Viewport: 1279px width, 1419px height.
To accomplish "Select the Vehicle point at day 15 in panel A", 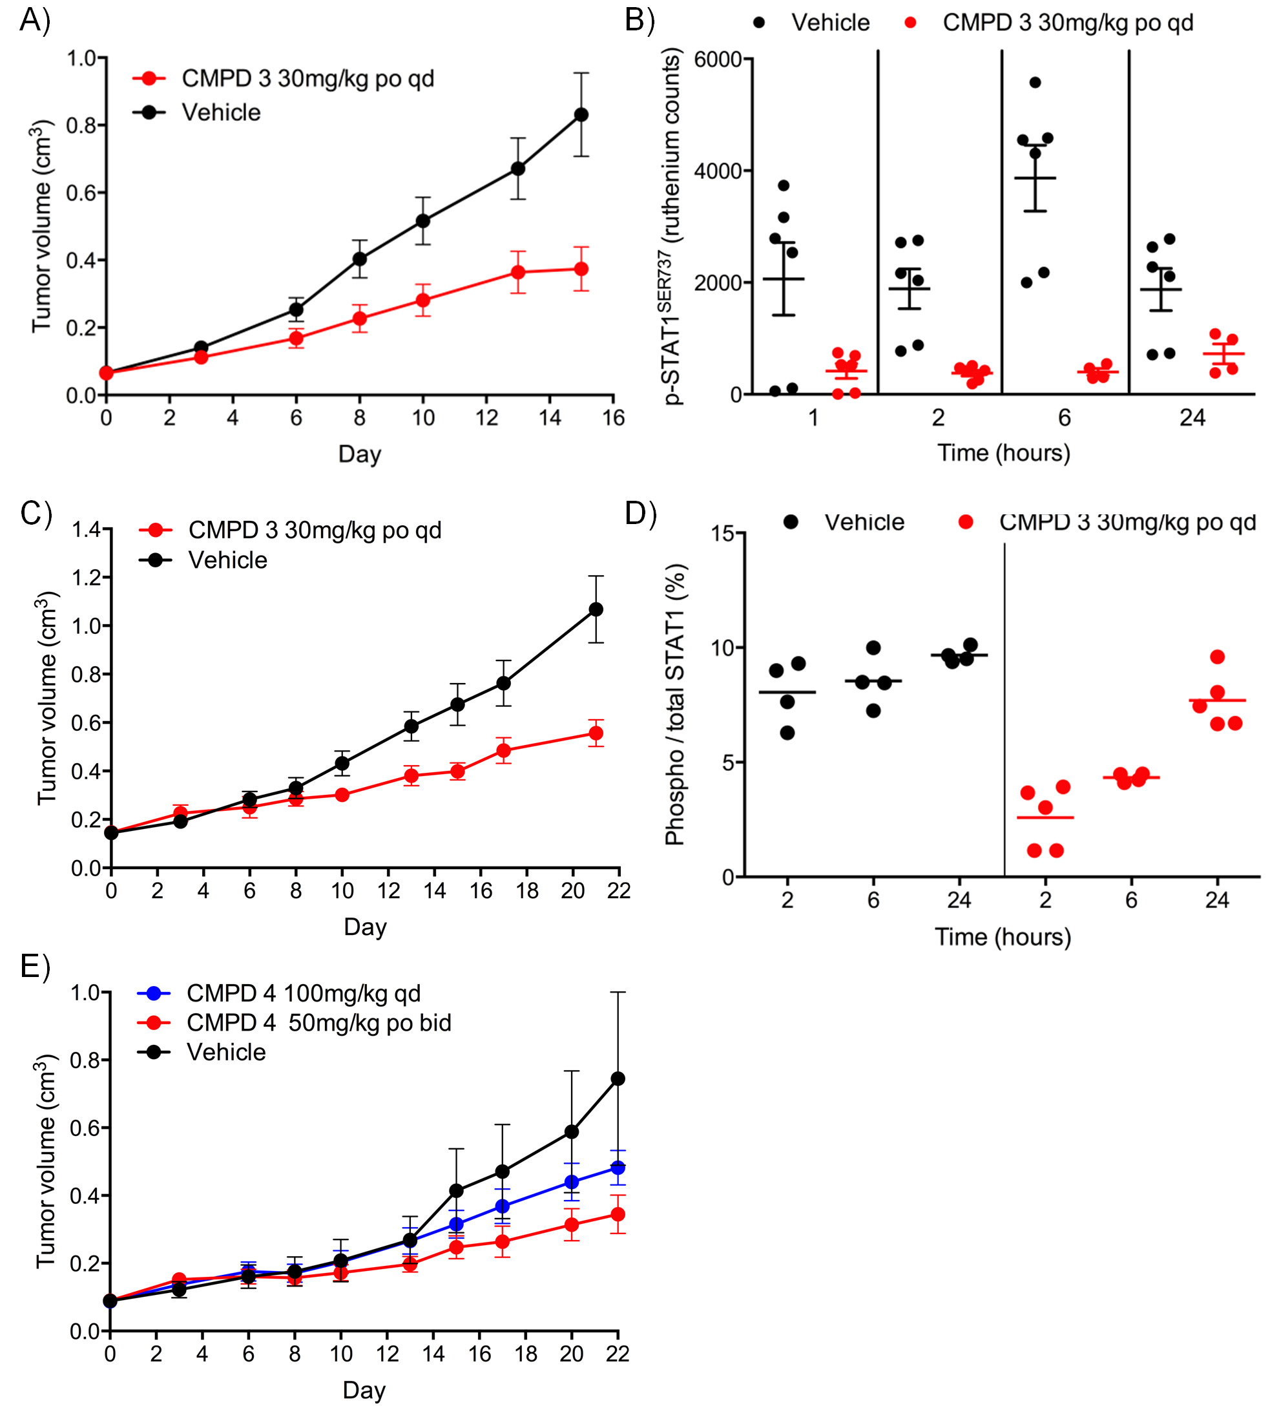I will [x=581, y=114].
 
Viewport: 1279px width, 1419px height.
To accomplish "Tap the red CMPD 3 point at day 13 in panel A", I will [x=518, y=272].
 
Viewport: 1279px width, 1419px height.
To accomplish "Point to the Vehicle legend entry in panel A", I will [x=221, y=112].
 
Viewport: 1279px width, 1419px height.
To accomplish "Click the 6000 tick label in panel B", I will [x=718, y=59].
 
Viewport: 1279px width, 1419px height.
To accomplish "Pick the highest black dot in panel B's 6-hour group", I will [x=1035, y=83].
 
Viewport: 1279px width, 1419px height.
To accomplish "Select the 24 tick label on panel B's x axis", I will [x=1192, y=418].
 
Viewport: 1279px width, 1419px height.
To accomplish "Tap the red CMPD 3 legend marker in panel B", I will [x=911, y=23].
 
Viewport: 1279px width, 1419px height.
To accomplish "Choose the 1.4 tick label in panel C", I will [x=86, y=529].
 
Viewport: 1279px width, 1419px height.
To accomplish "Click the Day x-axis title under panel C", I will [x=365, y=927].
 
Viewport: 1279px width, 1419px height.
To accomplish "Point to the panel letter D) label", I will [x=640, y=514].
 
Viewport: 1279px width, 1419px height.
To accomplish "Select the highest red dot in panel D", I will [x=1218, y=657].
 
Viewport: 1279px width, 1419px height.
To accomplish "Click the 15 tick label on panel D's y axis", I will [x=722, y=534].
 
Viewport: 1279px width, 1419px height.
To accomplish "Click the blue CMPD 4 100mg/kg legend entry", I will [x=303, y=993].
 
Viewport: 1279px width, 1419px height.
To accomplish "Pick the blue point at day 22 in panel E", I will [x=618, y=1168].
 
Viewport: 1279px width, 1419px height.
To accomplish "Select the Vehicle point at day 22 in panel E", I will [x=618, y=1079].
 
